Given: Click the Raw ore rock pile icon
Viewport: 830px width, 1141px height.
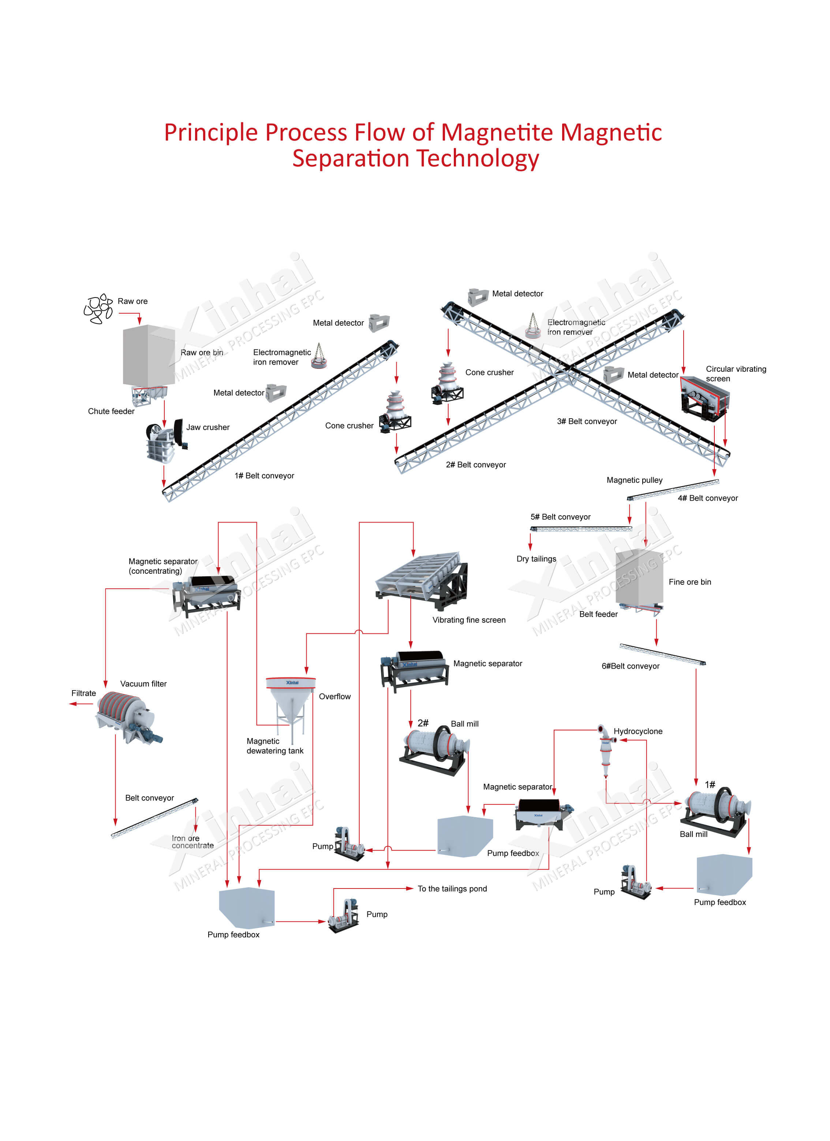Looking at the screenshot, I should click(98, 308).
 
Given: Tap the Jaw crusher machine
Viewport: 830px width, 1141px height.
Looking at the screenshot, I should click(165, 441).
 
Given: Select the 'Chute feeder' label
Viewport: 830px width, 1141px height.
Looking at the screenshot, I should click(111, 411).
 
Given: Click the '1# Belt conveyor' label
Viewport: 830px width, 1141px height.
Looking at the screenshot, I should click(264, 475).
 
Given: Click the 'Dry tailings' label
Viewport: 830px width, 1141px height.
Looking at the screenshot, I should click(536, 558).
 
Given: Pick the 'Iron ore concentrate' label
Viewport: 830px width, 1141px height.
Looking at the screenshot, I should click(192, 842).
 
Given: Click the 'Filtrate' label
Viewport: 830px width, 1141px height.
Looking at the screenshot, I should click(83, 693).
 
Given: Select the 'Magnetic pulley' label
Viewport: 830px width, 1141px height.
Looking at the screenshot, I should click(634, 480).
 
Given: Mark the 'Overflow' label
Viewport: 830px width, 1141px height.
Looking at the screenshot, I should click(334, 696).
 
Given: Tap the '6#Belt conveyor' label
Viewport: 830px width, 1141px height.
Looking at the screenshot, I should click(630, 666).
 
